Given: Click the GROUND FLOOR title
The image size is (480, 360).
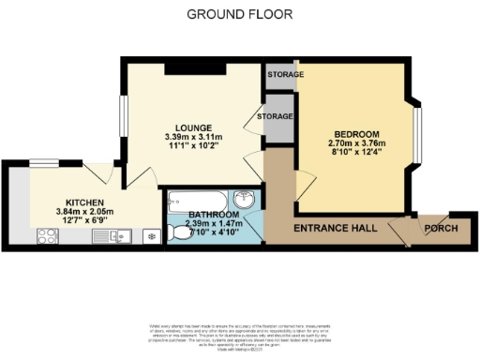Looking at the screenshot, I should click(x=239, y=14).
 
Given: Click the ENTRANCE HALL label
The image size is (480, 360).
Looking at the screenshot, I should click(x=335, y=229).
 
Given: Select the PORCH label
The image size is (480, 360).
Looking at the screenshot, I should click(x=441, y=229).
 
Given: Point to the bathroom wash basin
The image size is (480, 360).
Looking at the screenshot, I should click(x=245, y=199).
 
